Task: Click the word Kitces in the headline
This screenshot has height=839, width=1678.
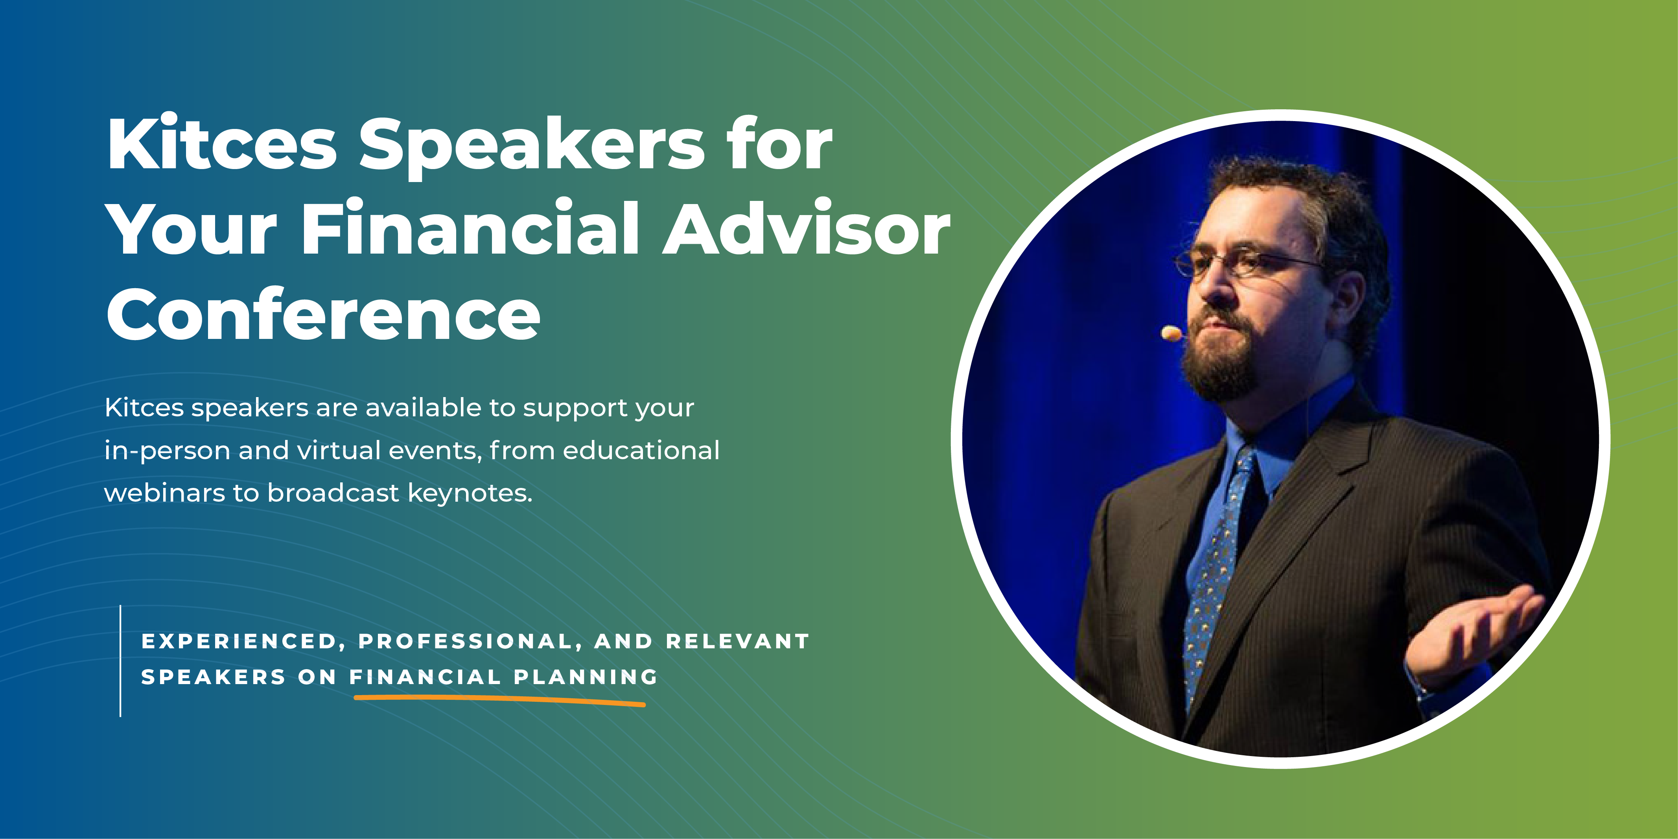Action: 221,145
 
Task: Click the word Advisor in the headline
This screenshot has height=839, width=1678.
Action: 807,229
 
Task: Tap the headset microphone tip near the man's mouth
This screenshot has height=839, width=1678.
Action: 1171,333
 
